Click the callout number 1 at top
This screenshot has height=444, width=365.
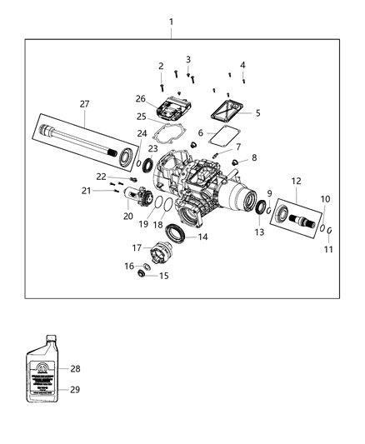pyautogui.click(x=172, y=20)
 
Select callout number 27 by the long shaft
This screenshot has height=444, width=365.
pyautogui.click(x=85, y=104)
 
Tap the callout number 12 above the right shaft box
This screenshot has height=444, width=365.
pyautogui.click(x=297, y=182)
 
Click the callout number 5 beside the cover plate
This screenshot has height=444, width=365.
pyautogui.click(x=257, y=113)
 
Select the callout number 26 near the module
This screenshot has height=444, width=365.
pyautogui.click(x=140, y=98)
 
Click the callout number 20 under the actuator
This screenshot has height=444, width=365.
pyautogui.click(x=127, y=216)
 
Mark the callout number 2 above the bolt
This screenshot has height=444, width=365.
pyautogui.click(x=160, y=66)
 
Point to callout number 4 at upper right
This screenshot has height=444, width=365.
pyautogui.click(x=242, y=65)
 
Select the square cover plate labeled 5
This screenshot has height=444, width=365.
pyautogui.click(x=226, y=109)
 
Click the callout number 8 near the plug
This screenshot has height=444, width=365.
pyautogui.click(x=254, y=157)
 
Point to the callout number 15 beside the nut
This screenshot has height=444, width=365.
pyautogui.click(x=164, y=276)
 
